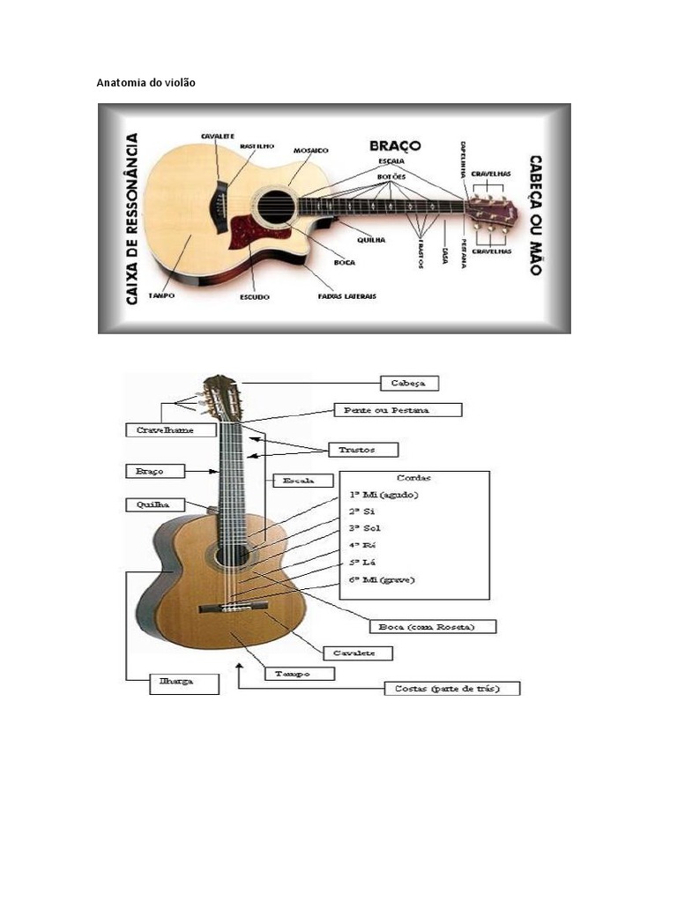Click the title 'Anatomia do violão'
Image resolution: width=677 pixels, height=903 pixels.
[x=145, y=83]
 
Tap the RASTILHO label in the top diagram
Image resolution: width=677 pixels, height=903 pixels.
[x=257, y=146]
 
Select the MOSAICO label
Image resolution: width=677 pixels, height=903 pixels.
[x=310, y=151]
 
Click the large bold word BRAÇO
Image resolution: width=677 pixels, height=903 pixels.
[x=395, y=145]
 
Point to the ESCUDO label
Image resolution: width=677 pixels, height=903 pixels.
[x=255, y=297]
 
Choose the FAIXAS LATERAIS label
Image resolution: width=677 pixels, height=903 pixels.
[x=346, y=296]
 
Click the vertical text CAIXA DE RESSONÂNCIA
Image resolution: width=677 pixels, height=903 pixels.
[x=131, y=219]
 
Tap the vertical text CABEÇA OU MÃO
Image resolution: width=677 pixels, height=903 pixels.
[x=534, y=215]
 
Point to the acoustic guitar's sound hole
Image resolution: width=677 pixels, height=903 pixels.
[x=272, y=200]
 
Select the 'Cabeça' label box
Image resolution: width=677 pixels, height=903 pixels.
[x=408, y=384]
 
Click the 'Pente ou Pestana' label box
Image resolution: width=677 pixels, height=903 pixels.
[x=397, y=410]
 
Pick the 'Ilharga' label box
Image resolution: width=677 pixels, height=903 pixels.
[x=183, y=682]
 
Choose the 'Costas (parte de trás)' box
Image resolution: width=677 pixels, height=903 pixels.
[x=452, y=688]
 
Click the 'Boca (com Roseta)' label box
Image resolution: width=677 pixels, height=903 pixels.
[x=433, y=627]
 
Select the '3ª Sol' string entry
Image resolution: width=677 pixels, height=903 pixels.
[x=365, y=528]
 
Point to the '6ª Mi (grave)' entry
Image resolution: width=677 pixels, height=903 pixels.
[x=381, y=579]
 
